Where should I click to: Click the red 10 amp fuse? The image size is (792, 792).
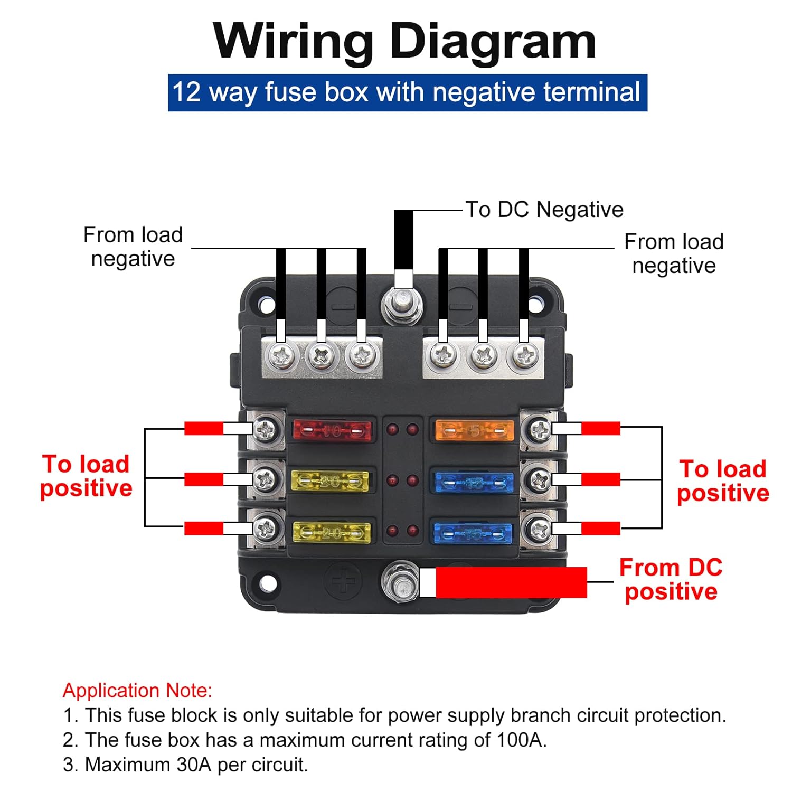(332, 431)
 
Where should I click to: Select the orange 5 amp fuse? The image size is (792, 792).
(474, 431)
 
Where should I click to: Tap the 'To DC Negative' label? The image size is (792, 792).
(544, 210)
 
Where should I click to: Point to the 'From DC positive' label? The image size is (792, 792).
(671, 579)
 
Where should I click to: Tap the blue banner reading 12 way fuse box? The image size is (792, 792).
(407, 92)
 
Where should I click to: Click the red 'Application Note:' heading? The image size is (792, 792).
(137, 690)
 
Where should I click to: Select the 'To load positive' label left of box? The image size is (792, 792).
(86, 476)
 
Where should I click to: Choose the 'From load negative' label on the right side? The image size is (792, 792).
(674, 253)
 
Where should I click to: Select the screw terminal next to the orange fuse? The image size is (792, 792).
(539, 430)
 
